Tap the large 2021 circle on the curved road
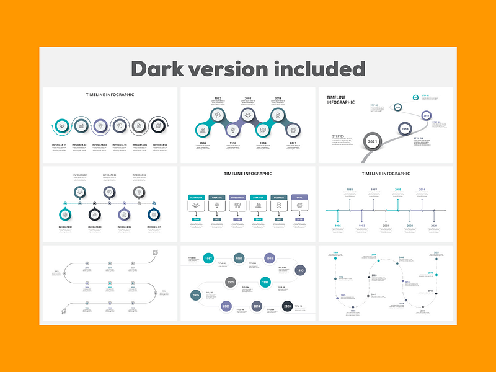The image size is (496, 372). point(373,141)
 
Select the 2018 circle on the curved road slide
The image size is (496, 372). point(405,129)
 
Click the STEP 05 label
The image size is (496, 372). point(339,135)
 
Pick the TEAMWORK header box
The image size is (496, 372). point(197,197)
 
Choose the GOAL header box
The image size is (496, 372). point(299,197)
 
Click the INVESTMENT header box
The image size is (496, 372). point(237,197)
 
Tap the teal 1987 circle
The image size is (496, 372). point(209,258)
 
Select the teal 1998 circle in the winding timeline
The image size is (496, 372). point(265,283)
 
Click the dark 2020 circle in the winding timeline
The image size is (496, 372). point(287,306)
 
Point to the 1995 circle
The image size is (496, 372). point(299,270)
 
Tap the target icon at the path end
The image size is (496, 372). point(155,252)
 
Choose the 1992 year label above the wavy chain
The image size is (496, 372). point(218,99)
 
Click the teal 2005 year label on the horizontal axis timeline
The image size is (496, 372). point(397,190)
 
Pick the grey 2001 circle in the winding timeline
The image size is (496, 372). point(230,283)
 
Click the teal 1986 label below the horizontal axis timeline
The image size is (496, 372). point(338,226)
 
